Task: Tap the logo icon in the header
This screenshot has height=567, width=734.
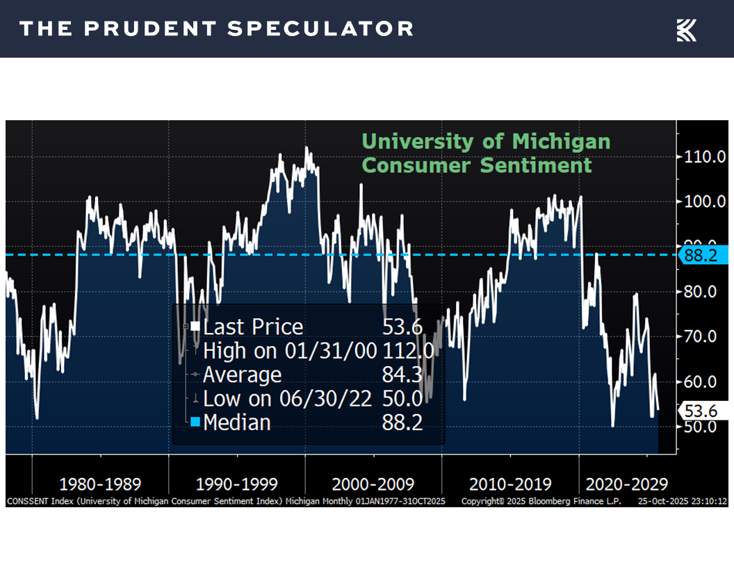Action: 686,30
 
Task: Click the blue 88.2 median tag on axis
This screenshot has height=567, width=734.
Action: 703,255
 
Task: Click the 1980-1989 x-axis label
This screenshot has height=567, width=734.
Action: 100,484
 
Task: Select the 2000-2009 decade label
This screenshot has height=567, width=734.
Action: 373,484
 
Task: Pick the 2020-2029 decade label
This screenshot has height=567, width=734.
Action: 627,484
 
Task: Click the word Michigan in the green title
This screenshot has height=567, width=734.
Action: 561,142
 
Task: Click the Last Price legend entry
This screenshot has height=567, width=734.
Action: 252,327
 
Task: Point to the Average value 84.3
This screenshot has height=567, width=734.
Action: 402,375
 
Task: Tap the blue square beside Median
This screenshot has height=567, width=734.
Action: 195,422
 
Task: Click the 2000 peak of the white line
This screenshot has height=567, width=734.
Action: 307,148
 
